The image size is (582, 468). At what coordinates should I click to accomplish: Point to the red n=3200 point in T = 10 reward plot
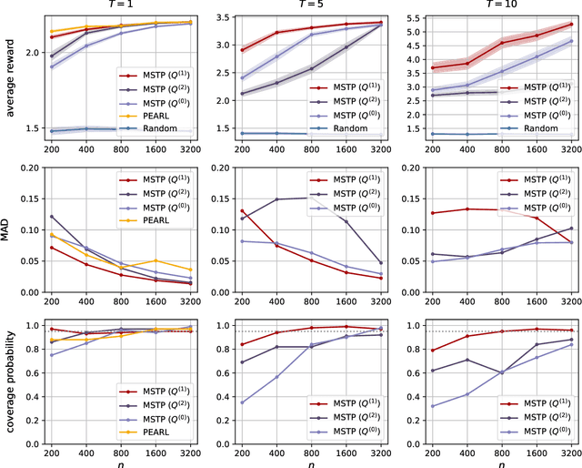pyautogui.click(x=570, y=25)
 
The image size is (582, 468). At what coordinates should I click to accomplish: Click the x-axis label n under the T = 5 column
pyautogui.click(x=309, y=463)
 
